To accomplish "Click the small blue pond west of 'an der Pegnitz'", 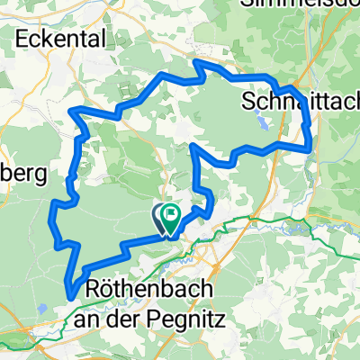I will (x=42, y=308).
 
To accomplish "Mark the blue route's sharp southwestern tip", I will (x=70, y=292).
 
